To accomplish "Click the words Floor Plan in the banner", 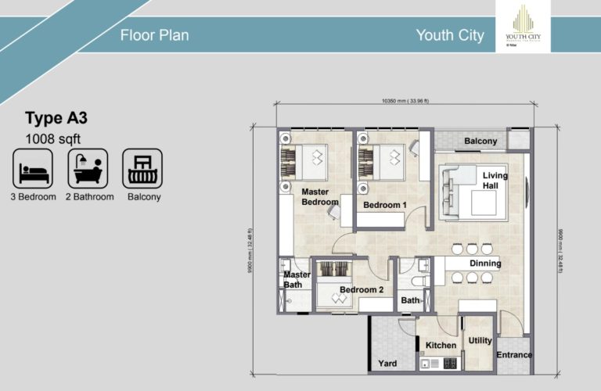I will coord(154,35).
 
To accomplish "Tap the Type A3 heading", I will coord(56,119).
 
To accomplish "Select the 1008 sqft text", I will coord(53,139).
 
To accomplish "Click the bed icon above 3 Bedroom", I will coord(33,167).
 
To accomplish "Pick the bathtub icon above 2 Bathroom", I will coord(88,167).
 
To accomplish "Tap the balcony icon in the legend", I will coord(142,167).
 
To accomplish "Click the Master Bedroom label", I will coord(320,197).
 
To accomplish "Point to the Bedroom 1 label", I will coord(384,205).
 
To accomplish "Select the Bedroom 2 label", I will coord(361,290).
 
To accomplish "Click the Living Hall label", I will coord(495,181).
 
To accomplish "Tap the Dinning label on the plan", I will coord(485,264).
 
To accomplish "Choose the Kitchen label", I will coord(440,346).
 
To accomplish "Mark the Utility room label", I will coord(480,341).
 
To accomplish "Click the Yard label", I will coord(387,364).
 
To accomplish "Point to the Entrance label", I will coord(513,355).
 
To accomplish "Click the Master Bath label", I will coord(297,279).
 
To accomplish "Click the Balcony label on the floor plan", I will coord(480,142).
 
